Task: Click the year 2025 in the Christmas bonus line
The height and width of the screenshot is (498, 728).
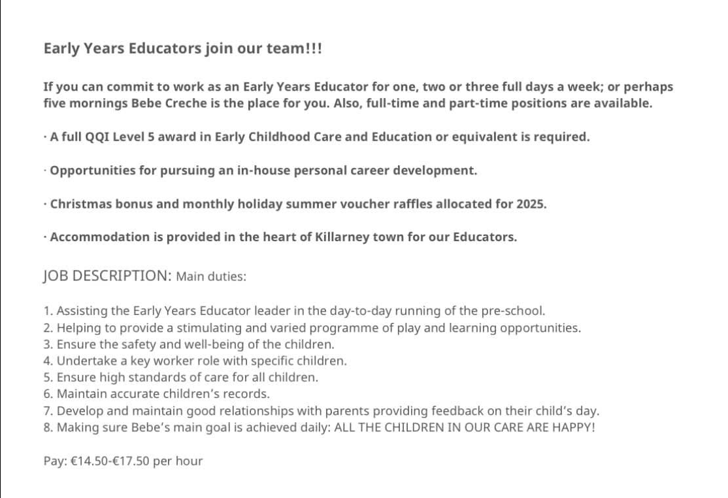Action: point(531,204)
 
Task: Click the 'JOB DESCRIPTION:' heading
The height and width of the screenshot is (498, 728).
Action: point(107,276)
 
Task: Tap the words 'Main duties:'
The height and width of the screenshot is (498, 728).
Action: point(211,276)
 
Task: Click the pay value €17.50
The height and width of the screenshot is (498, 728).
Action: point(132,461)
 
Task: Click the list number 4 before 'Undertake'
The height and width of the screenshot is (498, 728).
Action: point(47,361)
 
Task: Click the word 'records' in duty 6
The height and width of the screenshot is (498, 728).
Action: point(247,394)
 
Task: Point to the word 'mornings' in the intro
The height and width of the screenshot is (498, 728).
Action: point(93,103)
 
